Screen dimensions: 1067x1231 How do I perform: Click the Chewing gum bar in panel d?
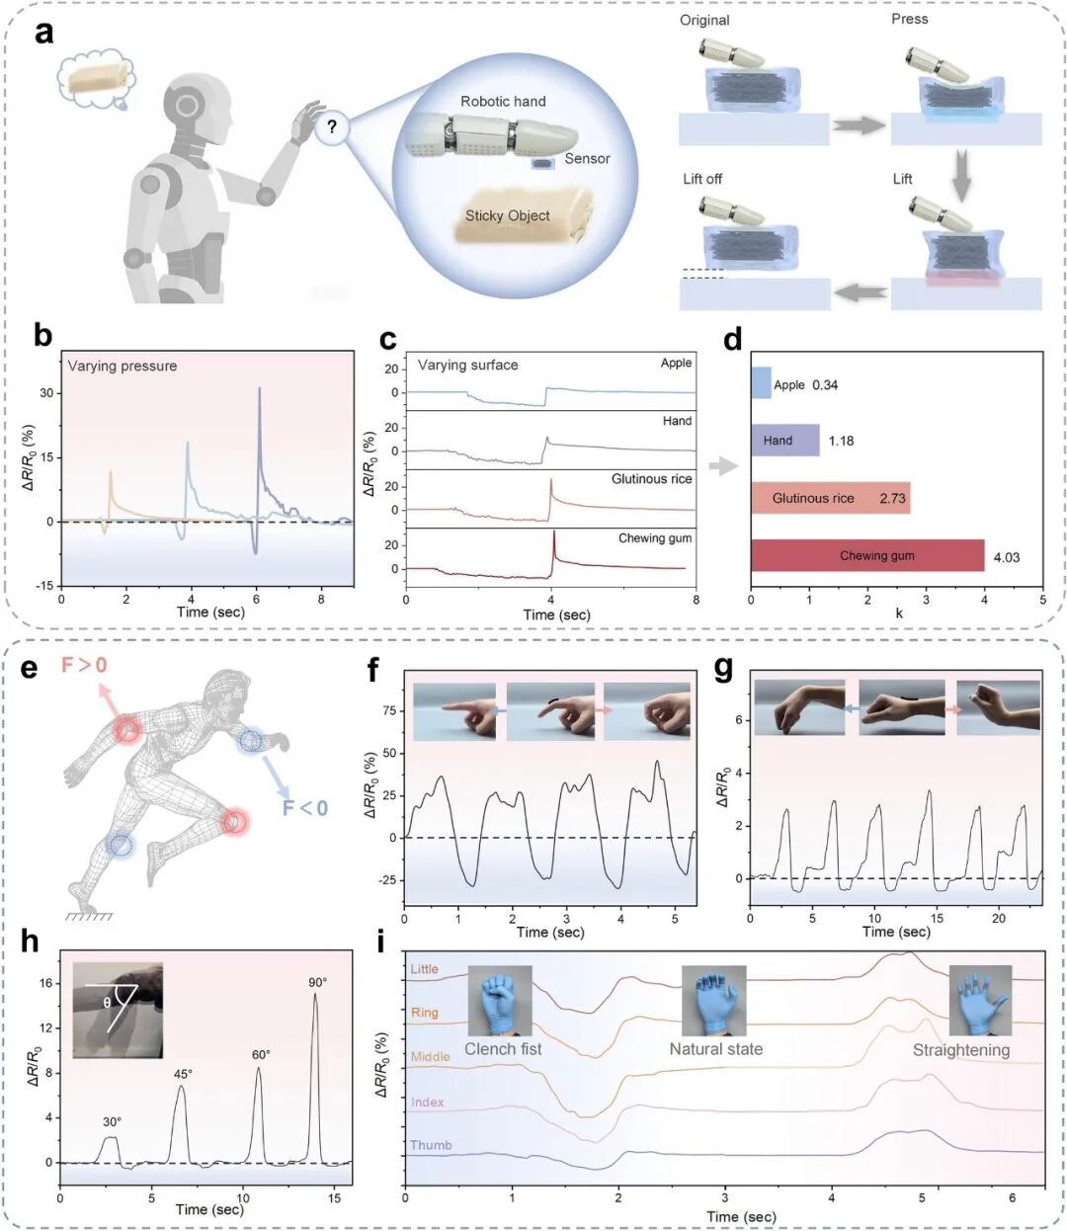pos(867,555)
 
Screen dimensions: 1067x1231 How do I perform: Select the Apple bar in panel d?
pos(761,382)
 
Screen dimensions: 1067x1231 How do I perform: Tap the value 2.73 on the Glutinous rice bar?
pos(892,499)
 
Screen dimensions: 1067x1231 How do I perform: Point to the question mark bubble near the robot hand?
pos(332,126)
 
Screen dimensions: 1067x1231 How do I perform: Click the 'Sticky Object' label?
pos(507,215)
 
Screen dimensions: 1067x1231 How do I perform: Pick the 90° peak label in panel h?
pos(318,982)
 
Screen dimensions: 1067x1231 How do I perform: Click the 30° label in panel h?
pos(112,1121)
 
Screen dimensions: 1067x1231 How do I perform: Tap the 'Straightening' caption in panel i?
pos(961,1050)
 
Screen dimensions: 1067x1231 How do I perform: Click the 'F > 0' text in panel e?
pos(84,665)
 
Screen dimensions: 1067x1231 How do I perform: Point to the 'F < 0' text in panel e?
pos(305,808)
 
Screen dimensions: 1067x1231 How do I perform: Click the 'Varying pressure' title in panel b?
pos(123,366)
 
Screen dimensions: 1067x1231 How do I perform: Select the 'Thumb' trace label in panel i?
pos(431,1145)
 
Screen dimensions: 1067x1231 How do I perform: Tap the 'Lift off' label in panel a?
pos(702,179)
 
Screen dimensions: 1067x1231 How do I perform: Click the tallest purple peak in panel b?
pos(259,388)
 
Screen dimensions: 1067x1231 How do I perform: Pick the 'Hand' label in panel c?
pos(677,421)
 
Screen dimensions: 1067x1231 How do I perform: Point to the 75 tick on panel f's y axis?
pos(389,710)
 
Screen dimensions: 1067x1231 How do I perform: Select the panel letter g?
pos(723,670)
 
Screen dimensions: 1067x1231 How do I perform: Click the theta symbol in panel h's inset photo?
pos(107,1003)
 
